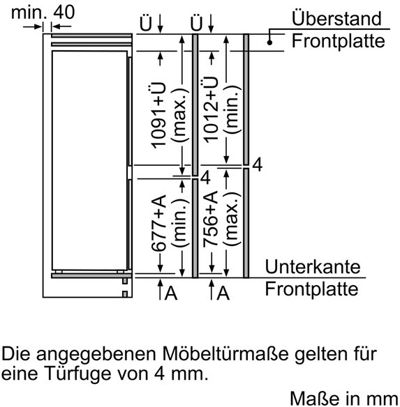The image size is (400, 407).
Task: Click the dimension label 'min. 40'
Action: point(43,12)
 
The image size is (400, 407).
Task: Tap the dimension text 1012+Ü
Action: point(210,109)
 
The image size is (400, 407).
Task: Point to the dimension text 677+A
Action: point(158,223)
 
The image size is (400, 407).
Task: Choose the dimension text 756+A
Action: point(210,219)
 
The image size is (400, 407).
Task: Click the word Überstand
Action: point(336,18)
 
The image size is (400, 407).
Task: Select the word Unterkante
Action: point(313,267)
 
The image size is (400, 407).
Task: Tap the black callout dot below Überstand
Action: point(269,43)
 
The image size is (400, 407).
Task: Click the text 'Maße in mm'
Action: point(345,399)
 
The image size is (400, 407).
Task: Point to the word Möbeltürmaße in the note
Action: point(225,354)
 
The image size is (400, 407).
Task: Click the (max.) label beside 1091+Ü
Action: point(179,115)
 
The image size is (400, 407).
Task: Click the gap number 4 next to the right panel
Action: point(257,164)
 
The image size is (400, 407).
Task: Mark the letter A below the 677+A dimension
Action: point(171,293)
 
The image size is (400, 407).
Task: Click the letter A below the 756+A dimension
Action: point(223,293)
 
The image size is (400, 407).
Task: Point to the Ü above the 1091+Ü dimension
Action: point(145,23)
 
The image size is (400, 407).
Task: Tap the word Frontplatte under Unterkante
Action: point(311,289)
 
